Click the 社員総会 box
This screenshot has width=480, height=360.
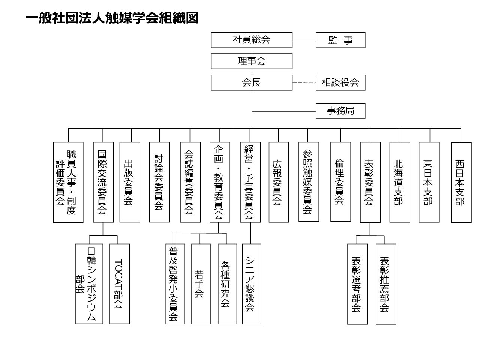(252, 40)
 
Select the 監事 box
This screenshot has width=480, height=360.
(340, 40)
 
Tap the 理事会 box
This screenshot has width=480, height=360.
(252, 61)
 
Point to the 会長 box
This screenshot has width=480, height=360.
(252, 82)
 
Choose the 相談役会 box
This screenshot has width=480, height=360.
(340, 82)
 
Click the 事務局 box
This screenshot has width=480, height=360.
(340, 111)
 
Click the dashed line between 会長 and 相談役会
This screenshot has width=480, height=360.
(304, 82)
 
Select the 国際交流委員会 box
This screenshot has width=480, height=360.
(103, 182)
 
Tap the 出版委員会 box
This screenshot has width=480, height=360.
(130, 182)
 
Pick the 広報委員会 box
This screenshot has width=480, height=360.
(279, 182)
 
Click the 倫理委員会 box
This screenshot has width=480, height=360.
(340, 182)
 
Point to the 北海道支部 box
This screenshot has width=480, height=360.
(399, 182)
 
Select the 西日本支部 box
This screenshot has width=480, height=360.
(461, 183)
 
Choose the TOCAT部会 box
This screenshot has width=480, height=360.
(119, 284)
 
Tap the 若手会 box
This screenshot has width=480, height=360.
(201, 284)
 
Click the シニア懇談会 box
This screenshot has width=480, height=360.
(252, 284)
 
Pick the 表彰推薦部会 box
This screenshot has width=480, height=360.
(386, 284)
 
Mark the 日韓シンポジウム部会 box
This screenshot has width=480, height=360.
(89, 284)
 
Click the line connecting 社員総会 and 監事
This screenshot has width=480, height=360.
(304, 40)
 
